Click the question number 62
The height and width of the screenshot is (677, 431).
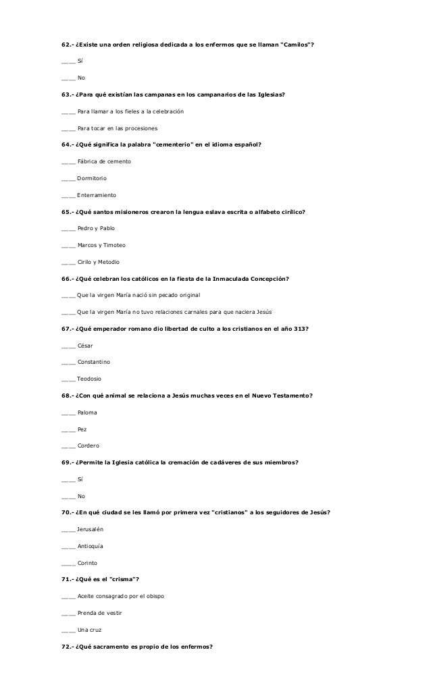tap(66, 45)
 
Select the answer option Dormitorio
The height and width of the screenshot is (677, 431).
tap(92, 178)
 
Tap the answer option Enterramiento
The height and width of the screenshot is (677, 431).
tap(97, 195)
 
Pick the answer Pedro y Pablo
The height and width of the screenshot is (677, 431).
tap(96, 228)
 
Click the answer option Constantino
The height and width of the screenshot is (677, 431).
tap(99, 362)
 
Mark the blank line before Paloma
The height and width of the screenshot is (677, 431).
tap(68, 412)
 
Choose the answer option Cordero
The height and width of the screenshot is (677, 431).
tap(88, 445)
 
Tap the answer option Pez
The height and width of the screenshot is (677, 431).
tap(82, 429)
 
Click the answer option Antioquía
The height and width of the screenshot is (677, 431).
tap(91, 545)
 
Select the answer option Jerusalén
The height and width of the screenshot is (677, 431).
tap(91, 529)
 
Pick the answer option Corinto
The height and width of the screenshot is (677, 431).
tap(88, 562)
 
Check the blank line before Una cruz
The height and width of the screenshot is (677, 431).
tap(68, 629)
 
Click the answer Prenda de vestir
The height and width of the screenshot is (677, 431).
tap(99, 612)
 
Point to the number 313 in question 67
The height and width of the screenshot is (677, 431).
tap(301, 329)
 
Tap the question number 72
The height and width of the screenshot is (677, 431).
tap(66, 646)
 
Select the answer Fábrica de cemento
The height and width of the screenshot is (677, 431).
tap(104, 161)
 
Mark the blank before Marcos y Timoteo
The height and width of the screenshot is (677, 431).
tap(68, 245)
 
